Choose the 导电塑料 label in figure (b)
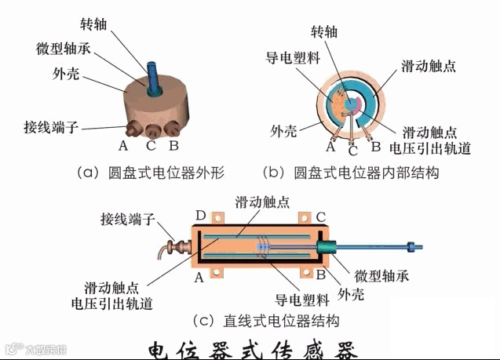[290, 58]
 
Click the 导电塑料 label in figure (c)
[297, 300]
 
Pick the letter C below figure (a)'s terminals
[150, 145]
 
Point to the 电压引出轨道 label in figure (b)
[430, 148]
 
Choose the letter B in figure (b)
[376, 145]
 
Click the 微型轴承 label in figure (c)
[381, 276]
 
